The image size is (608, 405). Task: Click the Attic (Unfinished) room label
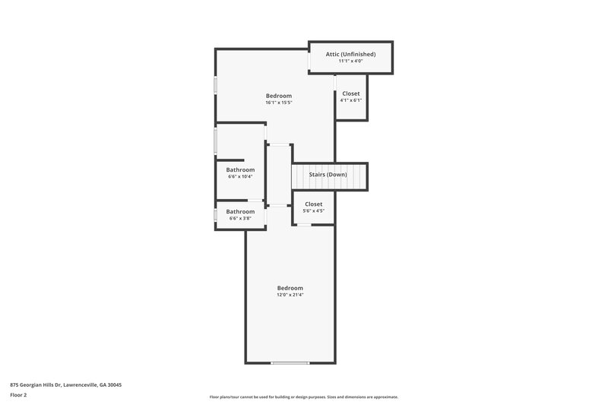[350, 54]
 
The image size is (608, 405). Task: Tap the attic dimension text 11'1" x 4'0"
[350, 62]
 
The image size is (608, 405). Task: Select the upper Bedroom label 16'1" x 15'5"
[279, 95]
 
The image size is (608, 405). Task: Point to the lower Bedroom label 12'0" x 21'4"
[290, 288]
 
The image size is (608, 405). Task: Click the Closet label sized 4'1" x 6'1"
[350, 93]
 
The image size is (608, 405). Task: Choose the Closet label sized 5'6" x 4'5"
[314, 204]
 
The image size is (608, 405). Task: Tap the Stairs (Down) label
[328, 175]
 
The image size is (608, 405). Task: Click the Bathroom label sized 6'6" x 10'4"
[240, 169]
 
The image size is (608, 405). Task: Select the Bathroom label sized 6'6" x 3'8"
[240, 211]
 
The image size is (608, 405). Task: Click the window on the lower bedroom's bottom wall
[290, 362]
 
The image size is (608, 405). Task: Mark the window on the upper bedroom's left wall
[216, 85]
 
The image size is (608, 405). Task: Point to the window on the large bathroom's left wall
[216, 141]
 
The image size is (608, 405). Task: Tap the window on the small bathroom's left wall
[216, 214]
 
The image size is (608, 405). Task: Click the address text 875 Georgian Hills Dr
[65, 385]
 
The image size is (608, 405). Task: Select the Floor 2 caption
[18, 395]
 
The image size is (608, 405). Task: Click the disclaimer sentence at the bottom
[303, 397]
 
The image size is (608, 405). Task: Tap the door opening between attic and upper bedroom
[309, 59]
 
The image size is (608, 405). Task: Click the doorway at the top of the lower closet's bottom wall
[302, 224]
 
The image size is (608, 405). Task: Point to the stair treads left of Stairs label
[299, 176]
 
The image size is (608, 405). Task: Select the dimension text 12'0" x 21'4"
[290, 295]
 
